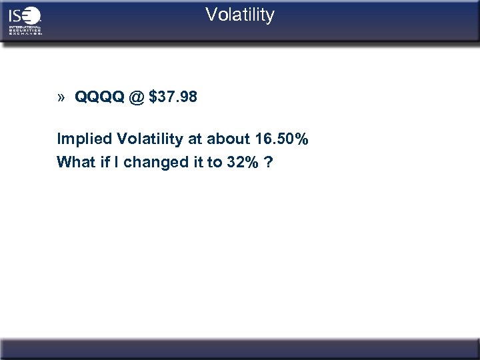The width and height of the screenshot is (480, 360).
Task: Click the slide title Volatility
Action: [x=239, y=15]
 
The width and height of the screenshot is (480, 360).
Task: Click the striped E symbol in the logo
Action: [x=32, y=15]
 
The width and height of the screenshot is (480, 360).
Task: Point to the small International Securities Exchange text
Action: [x=25, y=30]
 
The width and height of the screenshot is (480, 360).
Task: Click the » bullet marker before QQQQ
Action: [x=61, y=98]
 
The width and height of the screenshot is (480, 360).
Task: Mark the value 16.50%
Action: [x=281, y=140]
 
